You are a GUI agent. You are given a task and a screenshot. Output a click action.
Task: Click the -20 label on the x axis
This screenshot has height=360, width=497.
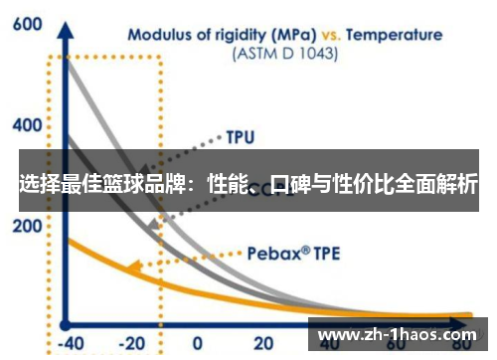(x=131, y=343)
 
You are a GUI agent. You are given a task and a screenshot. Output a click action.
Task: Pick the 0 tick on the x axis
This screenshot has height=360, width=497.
(x=196, y=343)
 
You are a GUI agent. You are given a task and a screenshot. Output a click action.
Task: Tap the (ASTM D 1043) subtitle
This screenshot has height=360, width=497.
(x=284, y=54)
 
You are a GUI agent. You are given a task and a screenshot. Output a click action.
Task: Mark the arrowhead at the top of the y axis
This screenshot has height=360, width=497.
(x=66, y=22)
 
